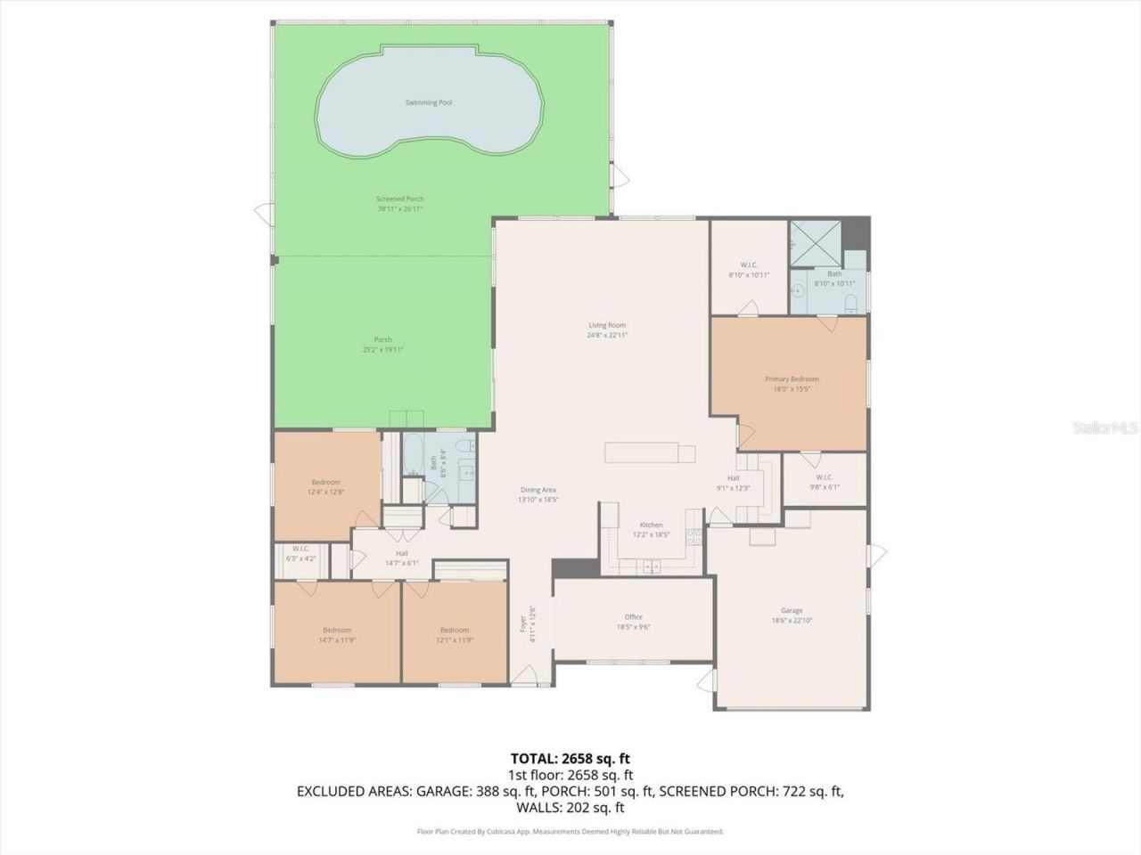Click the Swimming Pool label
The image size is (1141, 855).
pyautogui.click(x=428, y=102)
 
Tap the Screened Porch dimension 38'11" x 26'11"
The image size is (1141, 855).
pyautogui.click(x=399, y=208)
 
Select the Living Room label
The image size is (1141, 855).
pyautogui.click(x=606, y=325)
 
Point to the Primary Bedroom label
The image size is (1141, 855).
pyautogui.click(x=792, y=379)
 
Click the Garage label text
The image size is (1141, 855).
pyautogui.click(x=792, y=610)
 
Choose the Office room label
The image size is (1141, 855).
pyautogui.click(x=633, y=617)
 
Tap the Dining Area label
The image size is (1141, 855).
pyautogui.click(x=538, y=490)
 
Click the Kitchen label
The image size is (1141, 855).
pyautogui.click(x=651, y=525)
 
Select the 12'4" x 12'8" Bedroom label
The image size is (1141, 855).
pyautogui.click(x=325, y=482)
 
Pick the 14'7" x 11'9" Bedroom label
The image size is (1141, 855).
pyautogui.click(x=337, y=630)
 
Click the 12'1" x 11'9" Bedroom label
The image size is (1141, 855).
pyautogui.click(x=454, y=630)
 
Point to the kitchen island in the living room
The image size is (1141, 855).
pyautogui.click(x=651, y=453)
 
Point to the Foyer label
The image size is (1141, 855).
pyautogui.click(x=523, y=623)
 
